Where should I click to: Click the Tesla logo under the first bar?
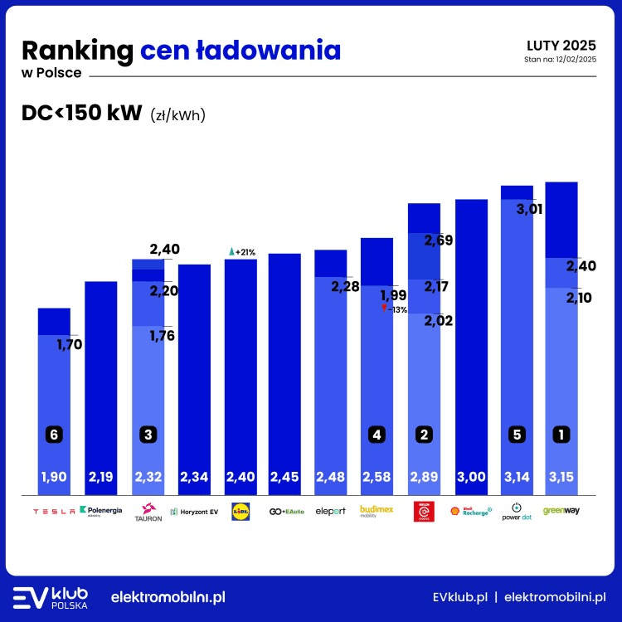pyautogui.click(x=54, y=511)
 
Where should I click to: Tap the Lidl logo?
pyautogui.click(x=241, y=511)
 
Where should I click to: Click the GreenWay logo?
pyautogui.click(x=561, y=510)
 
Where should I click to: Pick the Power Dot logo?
pyautogui.click(x=517, y=511)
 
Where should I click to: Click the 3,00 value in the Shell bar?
pyautogui.click(x=471, y=477)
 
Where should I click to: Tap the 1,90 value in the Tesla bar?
pyautogui.click(x=54, y=477)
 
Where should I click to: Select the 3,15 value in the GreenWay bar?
pyautogui.click(x=561, y=477)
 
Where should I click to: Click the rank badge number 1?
pyautogui.click(x=561, y=434)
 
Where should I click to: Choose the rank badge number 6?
pyautogui.click(x=54, y=434)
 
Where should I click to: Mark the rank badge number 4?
pyautogui.click(x=377, y=434)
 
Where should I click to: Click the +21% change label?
pyautogui.click(x=241, y=251)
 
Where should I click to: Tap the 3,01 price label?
pyautogui.click(x=529, y=209)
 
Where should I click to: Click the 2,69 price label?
pyautogui.click(x=439, y=241)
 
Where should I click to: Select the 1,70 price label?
pyautogui.click(x=70, y=343)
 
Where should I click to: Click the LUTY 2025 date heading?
pyautogui.click(x=561, y=45)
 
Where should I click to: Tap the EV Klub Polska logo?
pyautogui.click(x=51, y=597)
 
